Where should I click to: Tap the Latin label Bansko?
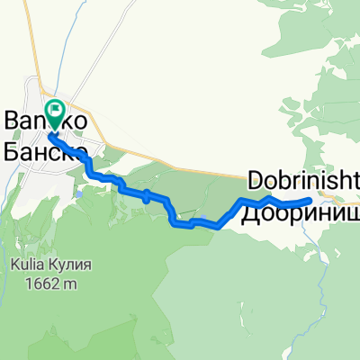pos(45,120)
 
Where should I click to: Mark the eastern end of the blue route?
pos(310,200)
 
